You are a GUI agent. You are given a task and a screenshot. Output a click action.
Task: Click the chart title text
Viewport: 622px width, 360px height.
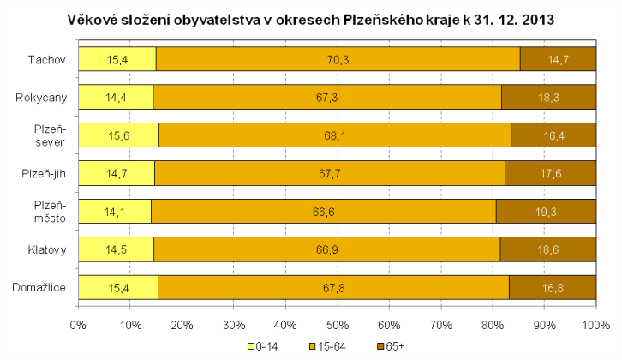click(x=310, y=18)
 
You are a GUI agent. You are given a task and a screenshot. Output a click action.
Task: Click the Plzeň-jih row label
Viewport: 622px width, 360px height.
click(x=44, y=173)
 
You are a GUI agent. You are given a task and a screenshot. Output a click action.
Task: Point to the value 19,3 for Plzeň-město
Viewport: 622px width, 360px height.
click(x=547, y=212)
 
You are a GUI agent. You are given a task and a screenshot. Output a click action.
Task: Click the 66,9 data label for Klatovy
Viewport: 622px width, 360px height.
click(x=326, y=249)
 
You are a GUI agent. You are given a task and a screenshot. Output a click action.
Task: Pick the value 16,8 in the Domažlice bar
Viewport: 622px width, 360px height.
click(x=553, y=288)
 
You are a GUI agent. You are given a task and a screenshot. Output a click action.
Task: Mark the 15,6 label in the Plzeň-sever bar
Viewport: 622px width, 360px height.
click(x=117, y=135)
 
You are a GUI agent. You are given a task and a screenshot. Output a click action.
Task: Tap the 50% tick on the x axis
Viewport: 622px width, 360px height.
click(x=337, y=325)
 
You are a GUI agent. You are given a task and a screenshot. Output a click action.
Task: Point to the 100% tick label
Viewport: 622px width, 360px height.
click(x=595, y=325)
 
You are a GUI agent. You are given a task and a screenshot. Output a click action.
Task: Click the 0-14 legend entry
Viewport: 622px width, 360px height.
click(x=264, y=347)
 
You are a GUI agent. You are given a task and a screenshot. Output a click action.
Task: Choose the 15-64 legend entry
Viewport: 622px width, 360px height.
click(x=322, y=347)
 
